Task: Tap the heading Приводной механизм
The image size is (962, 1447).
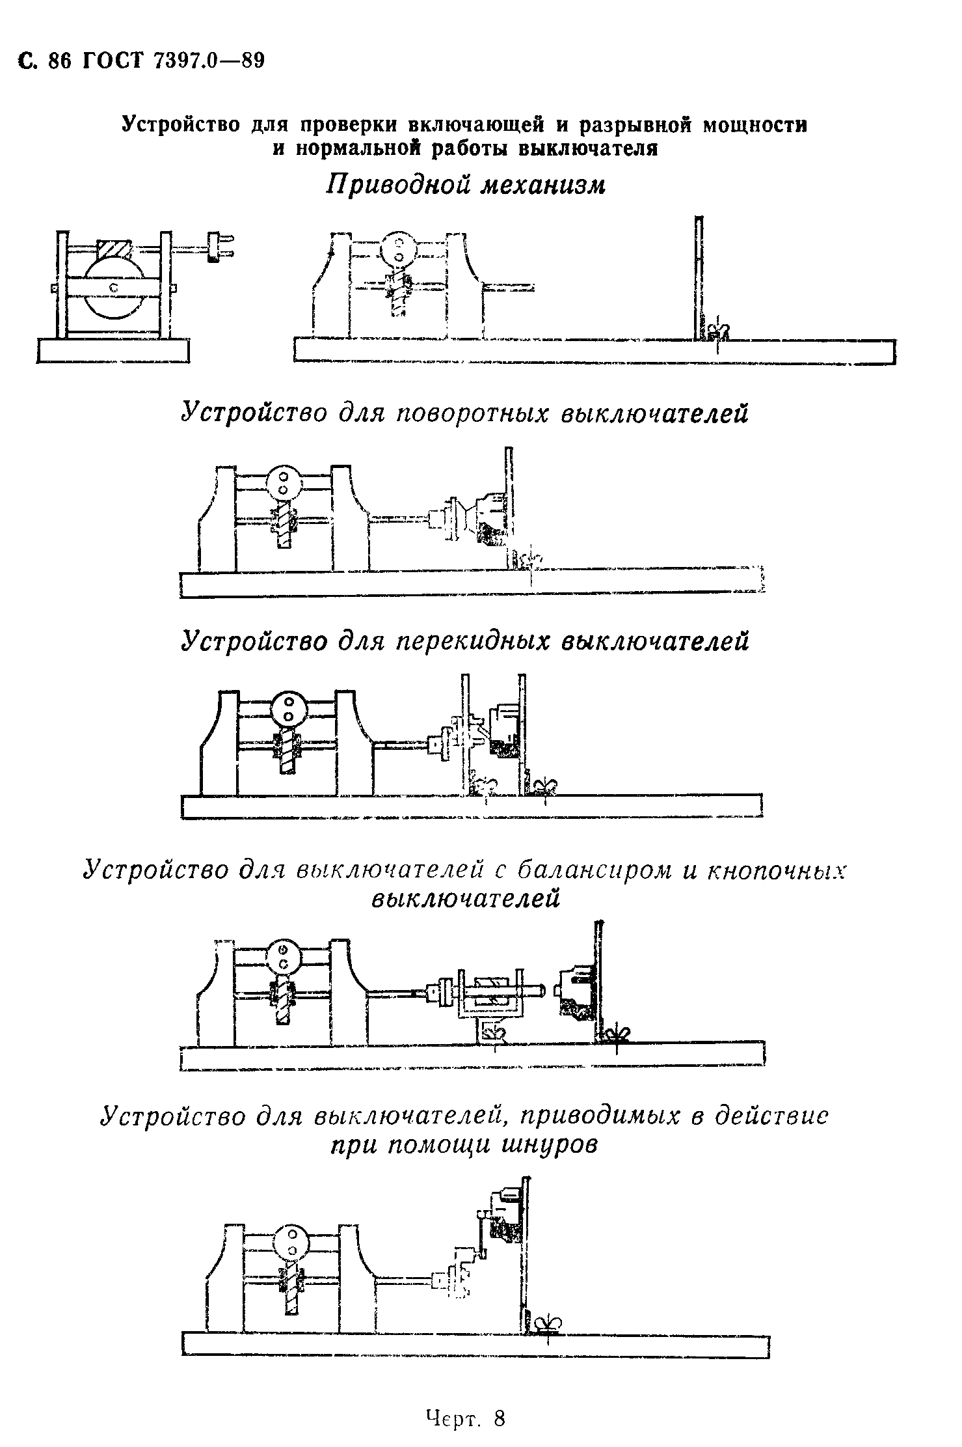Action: click(x=466, y=186)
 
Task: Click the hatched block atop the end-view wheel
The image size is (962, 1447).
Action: click(x=114, y=249)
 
